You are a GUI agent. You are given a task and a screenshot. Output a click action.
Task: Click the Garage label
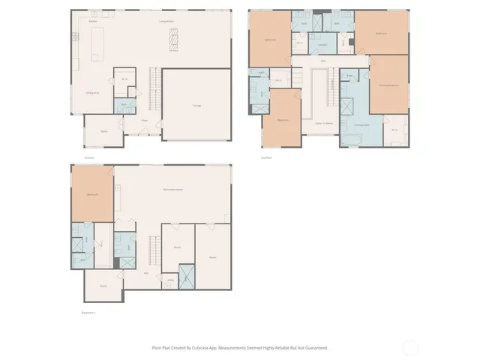coord(196,106)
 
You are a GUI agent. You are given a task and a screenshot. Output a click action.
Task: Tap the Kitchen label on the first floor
coord(94,22)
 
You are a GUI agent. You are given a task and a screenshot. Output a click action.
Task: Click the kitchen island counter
coord(97,48)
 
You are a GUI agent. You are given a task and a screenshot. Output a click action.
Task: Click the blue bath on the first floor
coord(124,106)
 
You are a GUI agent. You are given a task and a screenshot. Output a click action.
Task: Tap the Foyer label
coord(143,119)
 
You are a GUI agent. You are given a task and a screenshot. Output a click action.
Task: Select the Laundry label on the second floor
coord(322,45)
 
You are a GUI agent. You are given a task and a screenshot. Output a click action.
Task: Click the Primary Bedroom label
coord(388,85)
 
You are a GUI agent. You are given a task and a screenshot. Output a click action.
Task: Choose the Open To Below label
coord(323,122)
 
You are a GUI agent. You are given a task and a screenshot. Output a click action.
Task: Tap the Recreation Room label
coord(173,189)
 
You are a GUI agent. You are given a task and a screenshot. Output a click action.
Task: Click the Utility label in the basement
coord(171,280)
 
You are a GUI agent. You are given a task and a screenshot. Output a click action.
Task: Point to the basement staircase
coord(155,247)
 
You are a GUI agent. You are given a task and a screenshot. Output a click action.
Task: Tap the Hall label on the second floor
coord(323,61)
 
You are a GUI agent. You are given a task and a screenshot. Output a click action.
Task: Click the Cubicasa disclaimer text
coord(240,347)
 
